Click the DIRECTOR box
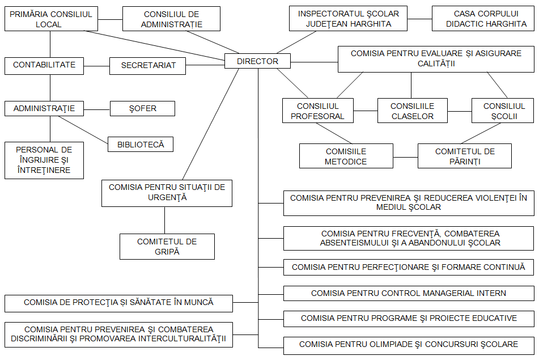tap(257, 61)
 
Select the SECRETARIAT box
tap(148, 66)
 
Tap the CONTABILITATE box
tap(44, 65)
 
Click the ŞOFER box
tap(142, 109)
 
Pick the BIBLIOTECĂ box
tap(141, 145)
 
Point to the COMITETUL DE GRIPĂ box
tap(167, 247)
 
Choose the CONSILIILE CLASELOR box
tap(412, 111)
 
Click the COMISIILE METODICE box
tap(346, 156)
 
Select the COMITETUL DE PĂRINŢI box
tap(464, 156)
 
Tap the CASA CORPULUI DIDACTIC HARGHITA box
tap(483, 19)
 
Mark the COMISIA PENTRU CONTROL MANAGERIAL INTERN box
tap(408, 293)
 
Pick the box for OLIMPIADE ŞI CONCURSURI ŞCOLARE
tap(408, 344)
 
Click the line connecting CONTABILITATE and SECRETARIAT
tap(96, 66)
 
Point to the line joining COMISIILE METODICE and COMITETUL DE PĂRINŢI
tap(405, 156)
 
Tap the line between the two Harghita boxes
tap(419, 19)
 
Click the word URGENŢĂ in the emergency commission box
tap(167, 198)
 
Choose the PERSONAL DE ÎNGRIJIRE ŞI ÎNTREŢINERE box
tap(44, 160)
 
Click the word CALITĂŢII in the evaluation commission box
tap(436, 64)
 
